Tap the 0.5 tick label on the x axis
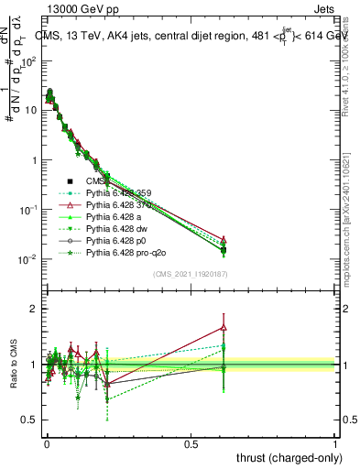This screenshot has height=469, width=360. pyautogui.click(x=191, y=444)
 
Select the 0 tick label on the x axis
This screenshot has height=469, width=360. pyautogui.click(x=47, y=444)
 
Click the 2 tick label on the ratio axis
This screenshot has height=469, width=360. pyautogui.click(x=33, y=309)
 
